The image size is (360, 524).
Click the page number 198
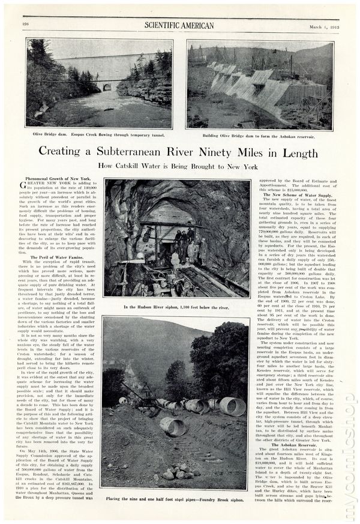[26, 23]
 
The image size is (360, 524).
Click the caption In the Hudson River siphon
[177, 307]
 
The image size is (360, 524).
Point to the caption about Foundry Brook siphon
[177, 499]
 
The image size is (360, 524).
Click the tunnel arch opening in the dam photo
[107, 87]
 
